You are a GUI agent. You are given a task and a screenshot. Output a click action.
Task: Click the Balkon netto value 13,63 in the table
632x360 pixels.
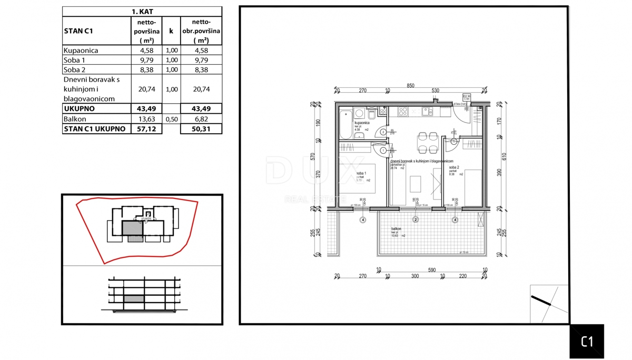[146, 119]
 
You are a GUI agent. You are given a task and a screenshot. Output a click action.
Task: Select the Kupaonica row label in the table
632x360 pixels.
[81, 51]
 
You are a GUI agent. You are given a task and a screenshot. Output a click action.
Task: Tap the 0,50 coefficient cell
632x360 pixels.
[171, 119]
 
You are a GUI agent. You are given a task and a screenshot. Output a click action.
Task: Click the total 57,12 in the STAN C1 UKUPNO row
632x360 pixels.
[146, 129]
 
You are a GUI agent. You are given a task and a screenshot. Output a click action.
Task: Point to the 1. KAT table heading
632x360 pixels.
[142, 11]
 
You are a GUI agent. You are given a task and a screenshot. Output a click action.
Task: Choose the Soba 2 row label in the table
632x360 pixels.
[74, 69]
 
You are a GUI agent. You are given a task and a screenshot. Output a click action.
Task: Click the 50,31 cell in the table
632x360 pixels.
[200, 129]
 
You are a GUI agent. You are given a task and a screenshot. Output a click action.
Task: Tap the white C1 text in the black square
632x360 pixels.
[587, 342]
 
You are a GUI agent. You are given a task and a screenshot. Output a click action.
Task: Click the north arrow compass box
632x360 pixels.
[549, 304]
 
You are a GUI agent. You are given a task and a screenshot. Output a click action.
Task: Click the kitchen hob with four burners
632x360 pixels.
[403, 112]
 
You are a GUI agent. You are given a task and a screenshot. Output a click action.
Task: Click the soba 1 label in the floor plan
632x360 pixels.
[361, 173]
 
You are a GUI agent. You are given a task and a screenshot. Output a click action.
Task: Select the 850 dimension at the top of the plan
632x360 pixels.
[410, 86]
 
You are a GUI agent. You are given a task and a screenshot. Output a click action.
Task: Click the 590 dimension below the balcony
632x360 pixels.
[432, 270]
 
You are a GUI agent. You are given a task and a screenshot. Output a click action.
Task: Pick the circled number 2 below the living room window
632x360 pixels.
[416, 219]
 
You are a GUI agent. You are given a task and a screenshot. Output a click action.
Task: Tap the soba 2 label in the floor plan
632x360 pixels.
[454, 168]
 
